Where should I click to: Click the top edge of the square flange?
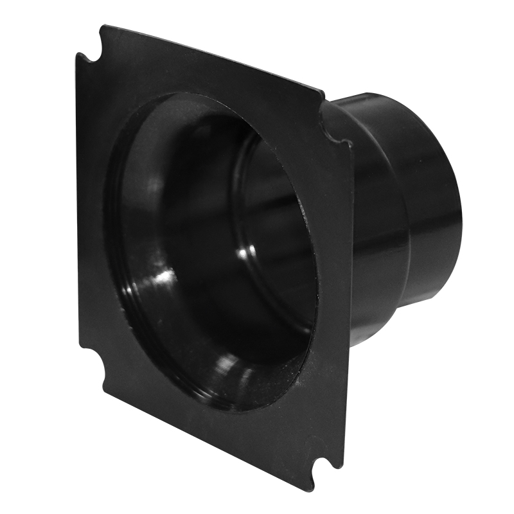coord(212,58)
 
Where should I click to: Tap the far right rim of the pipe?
coord(457,212)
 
